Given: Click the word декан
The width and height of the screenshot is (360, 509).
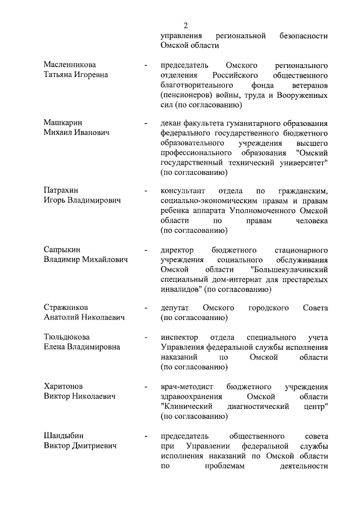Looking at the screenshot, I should [172, 123].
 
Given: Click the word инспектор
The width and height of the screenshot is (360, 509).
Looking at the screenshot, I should [180, 337].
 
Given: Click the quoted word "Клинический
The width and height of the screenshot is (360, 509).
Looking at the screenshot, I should [192, 407].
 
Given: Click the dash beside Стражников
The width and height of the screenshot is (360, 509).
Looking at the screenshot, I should [146, 308].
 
